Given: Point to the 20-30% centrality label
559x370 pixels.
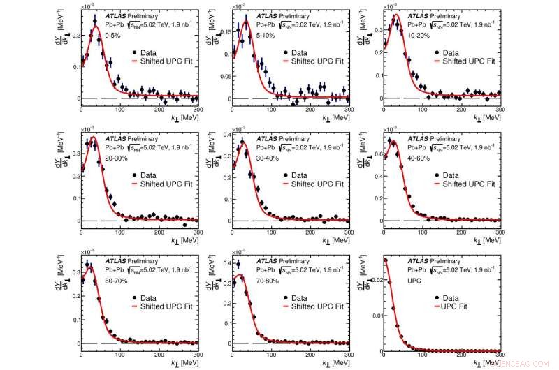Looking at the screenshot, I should click(115, 156).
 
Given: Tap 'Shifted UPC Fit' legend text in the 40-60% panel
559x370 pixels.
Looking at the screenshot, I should click(466, 184).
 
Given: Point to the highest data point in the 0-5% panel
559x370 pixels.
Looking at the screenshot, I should click(94, 21).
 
